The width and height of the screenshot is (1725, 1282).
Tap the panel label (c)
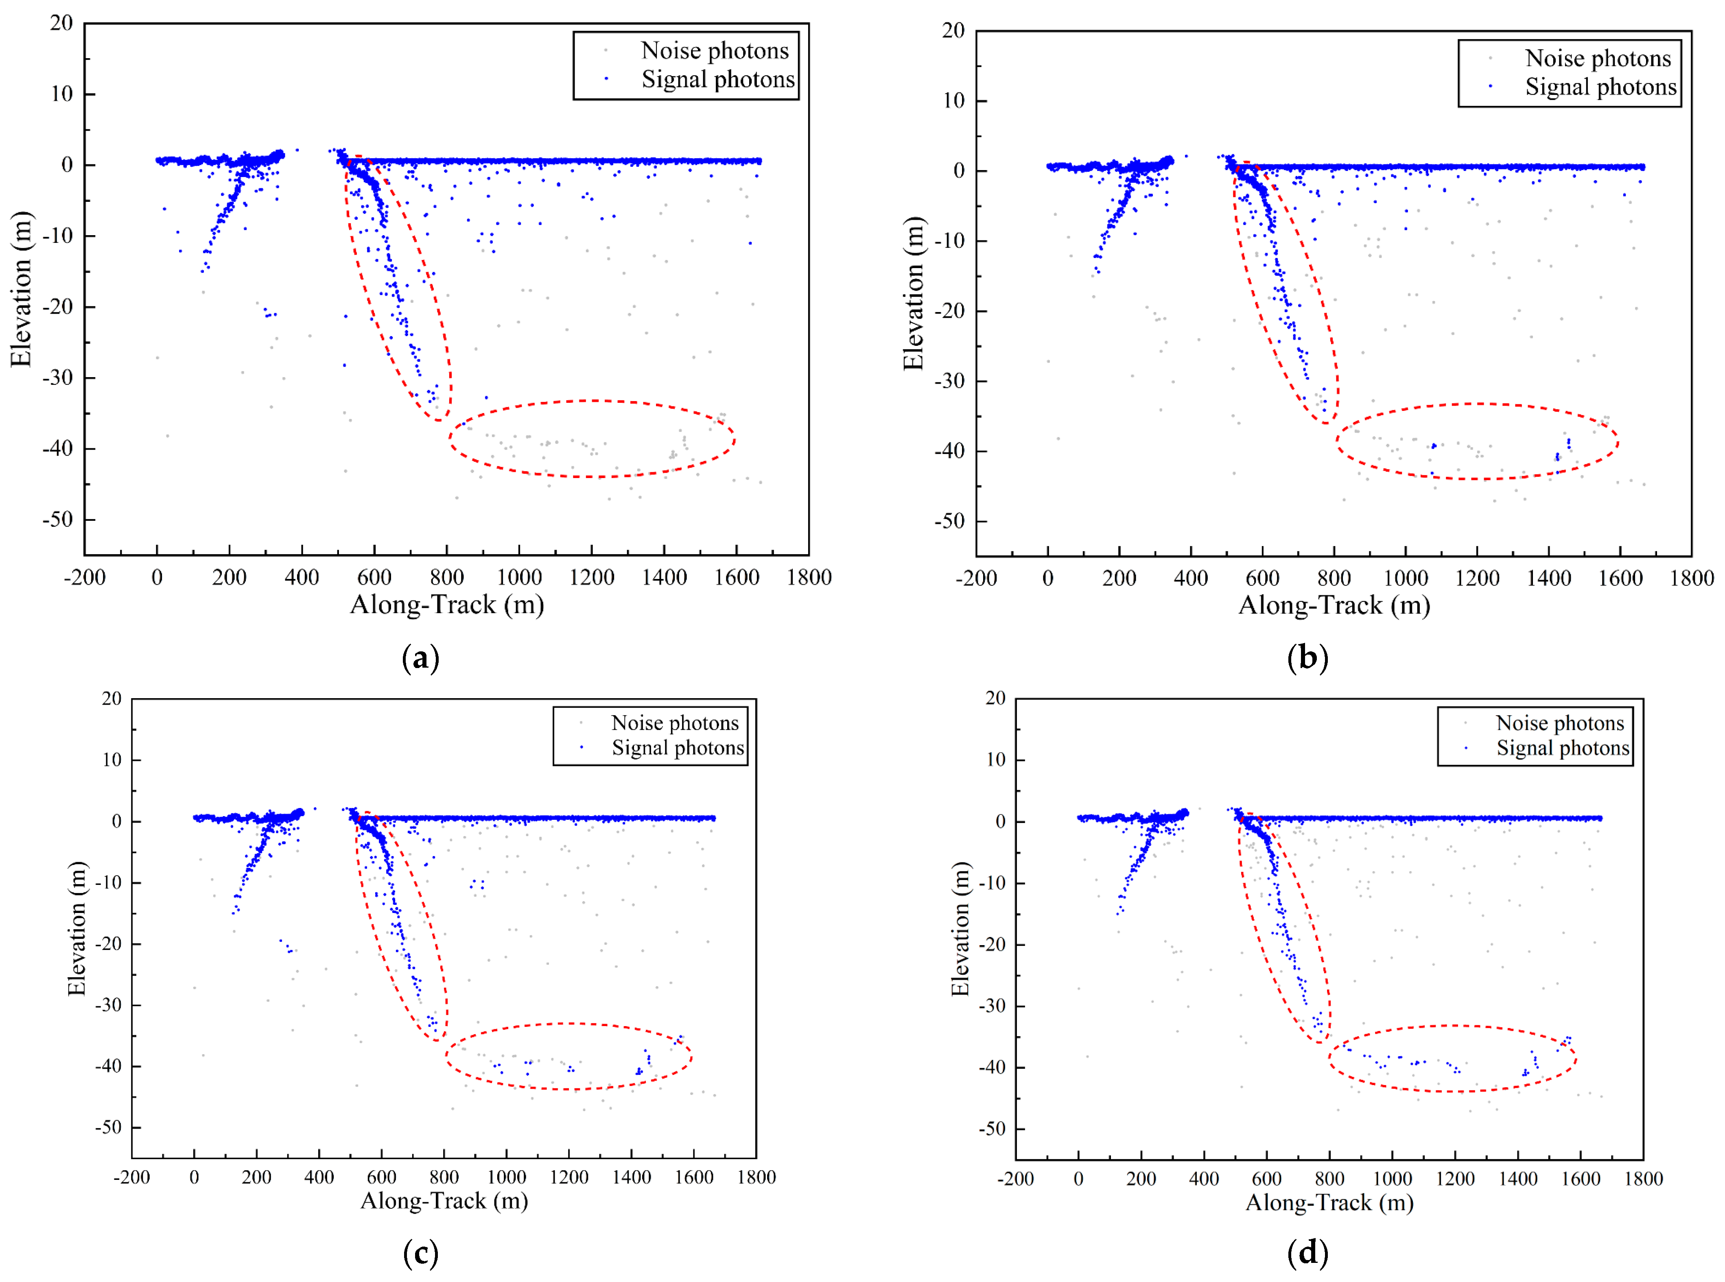[x=421, y=1253]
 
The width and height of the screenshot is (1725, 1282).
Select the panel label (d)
[x=1307, y=1253]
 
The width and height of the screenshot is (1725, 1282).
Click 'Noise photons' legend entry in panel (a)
[x=714, y=50]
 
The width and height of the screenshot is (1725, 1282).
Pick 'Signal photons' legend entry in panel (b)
[x=1600, y=87]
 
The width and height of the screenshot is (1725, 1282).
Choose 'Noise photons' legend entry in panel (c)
[x=674, y=723]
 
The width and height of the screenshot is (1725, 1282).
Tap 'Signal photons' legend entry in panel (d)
[x=1562, y=748]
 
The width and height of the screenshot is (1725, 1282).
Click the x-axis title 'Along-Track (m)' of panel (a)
[x=447, y=605]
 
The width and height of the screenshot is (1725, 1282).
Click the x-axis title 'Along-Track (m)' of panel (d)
[x=1329, y=1202]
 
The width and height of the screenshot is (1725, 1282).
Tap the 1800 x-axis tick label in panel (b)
[x=1692, y=578]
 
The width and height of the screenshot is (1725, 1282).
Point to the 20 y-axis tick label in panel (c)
[x=112, y=699]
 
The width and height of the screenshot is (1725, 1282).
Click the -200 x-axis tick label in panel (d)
[x=1015, y=1179]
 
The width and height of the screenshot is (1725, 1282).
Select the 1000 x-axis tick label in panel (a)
[x=519, y=577]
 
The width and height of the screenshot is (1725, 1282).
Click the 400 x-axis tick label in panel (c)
[x=319, y=1177]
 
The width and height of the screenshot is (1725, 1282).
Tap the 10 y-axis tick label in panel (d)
[x=996, y=760]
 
